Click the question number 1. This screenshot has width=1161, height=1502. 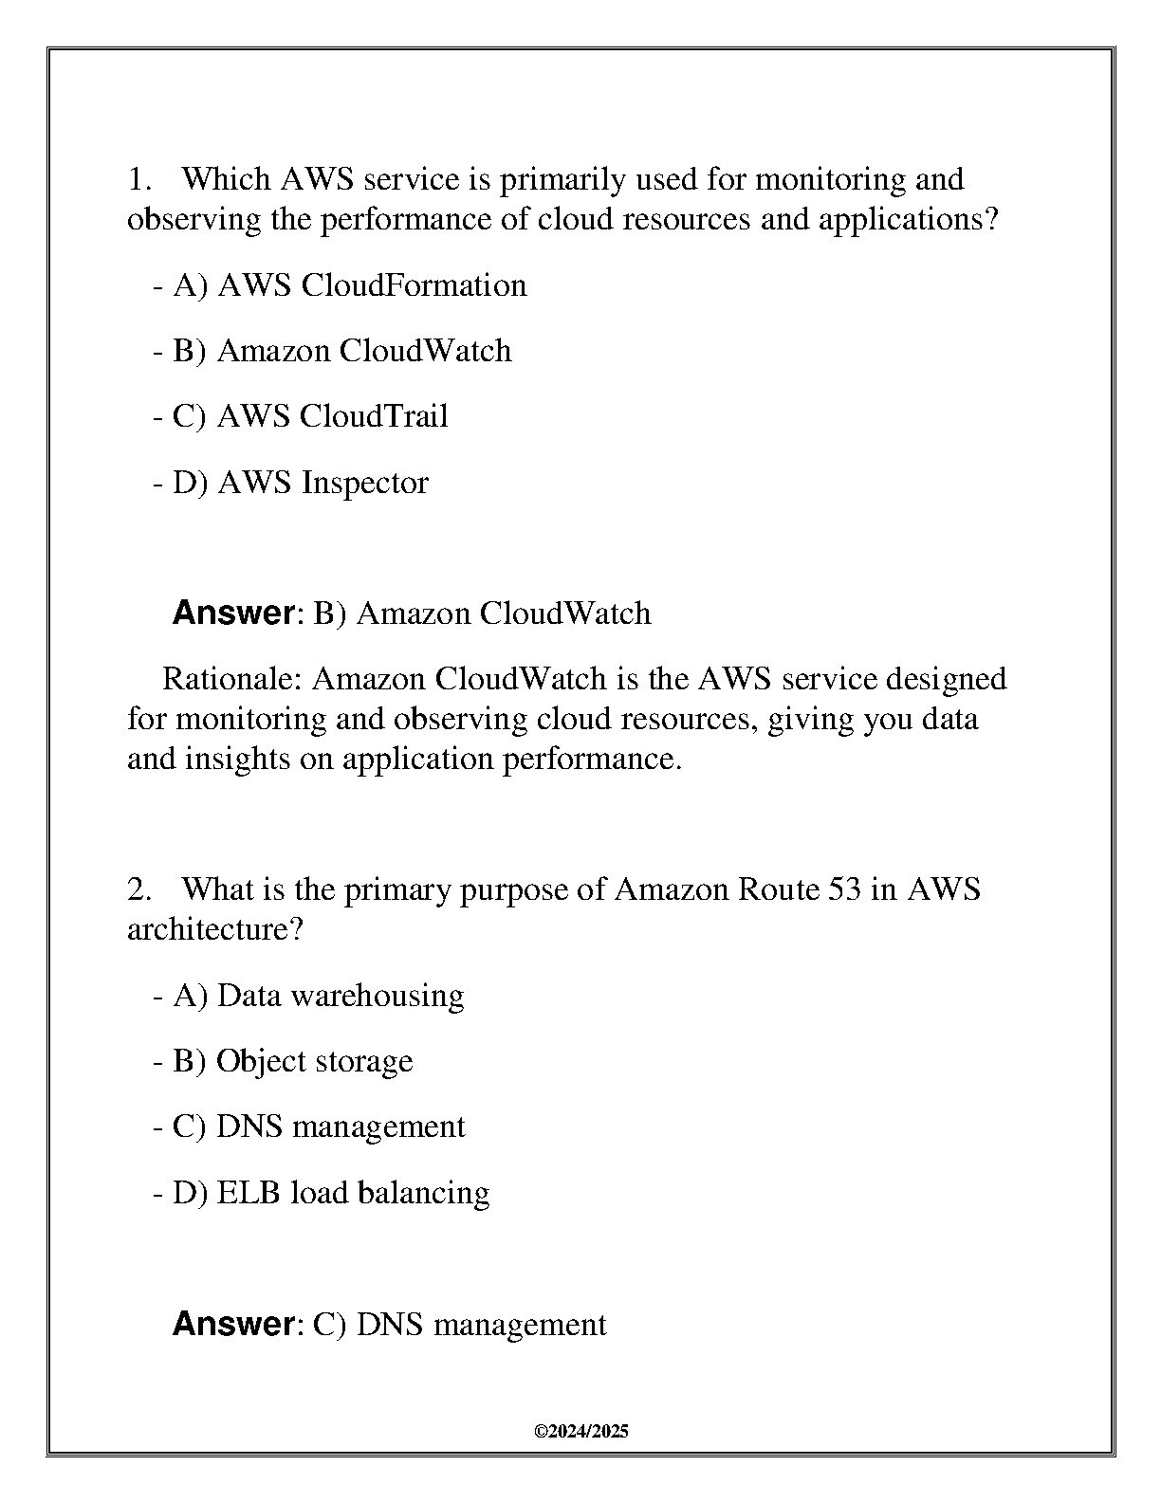(138, 179)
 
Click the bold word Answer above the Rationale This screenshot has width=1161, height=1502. (233, 614)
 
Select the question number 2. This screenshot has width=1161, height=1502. (138, 889)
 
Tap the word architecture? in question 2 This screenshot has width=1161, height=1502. (214, 929)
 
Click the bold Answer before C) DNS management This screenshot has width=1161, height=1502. (233, 1324)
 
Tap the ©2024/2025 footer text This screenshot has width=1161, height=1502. (581, 1432)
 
